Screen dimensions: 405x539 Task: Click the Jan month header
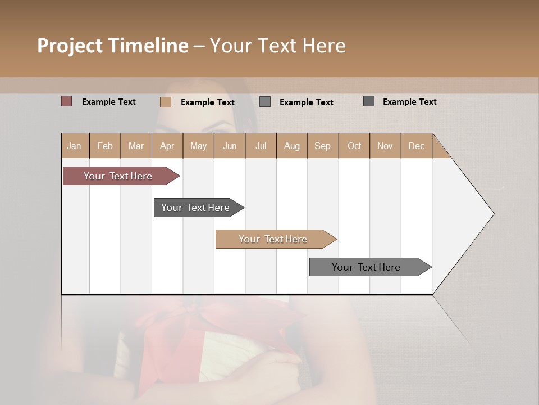click(x=74, y=146)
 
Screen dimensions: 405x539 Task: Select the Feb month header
click(x=105, y=146)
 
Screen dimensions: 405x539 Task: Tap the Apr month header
click(x=167, y=146)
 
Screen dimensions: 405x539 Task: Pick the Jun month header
click(x=230, y=146)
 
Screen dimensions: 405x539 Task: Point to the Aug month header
click(x=291, y=146)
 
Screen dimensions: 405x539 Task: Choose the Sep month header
click(x=322, y=146)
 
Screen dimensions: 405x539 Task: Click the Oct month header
click(x=354, y=146)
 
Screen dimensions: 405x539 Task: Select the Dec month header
click(x=416, y=146)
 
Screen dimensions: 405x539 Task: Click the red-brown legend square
click(x=67, y=101)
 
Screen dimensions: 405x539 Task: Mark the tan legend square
click(x=166, y=102)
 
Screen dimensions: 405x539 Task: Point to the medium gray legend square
click(x=265, y=102)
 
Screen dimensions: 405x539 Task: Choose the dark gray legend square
click(x=369, y=101)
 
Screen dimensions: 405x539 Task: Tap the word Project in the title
click(x=70, y=46)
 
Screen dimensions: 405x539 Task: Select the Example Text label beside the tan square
click(x=207, y=102)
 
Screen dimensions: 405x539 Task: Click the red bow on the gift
click(x=168, y=326)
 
